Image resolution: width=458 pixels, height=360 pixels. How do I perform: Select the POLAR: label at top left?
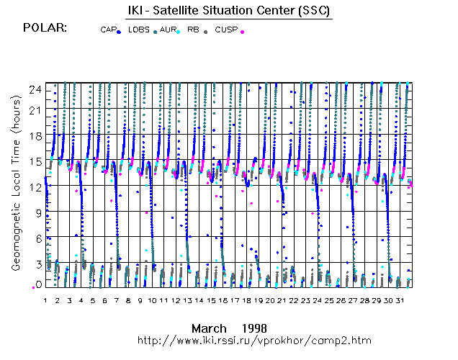[x=45, y=27]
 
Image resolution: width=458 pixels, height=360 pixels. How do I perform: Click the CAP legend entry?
[x=109, y=30]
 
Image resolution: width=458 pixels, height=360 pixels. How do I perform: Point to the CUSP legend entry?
[x=225, y=30]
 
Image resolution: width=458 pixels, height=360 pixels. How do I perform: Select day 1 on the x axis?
[x=45, y=299]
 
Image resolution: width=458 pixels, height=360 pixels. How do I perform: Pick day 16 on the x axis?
[x=223, y=299]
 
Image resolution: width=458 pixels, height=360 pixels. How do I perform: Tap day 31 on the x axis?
[x=400, y=299]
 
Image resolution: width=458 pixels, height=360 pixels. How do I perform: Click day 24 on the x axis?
[x=317, y=299]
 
